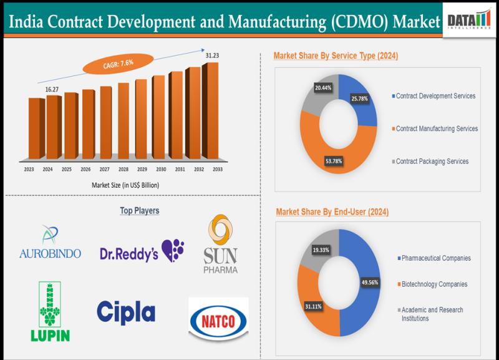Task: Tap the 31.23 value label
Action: [213, 56]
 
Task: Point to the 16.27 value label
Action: [52, 89]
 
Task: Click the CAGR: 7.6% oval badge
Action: [119, 62]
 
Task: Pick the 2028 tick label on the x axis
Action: [124, 169]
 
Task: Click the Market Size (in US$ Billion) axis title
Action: [122, 185]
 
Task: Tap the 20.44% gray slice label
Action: [322, 88]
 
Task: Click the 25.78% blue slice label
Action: [359, 99]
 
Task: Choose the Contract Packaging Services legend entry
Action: [432, 161]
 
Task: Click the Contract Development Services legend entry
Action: [435, 96]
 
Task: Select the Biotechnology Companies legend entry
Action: [434, 284]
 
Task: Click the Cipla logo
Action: [126, 312]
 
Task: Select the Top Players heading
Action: [139, 211]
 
